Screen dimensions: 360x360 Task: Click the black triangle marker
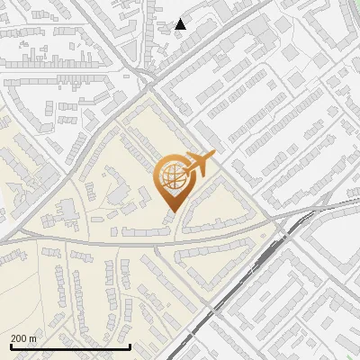(x=181, y=24)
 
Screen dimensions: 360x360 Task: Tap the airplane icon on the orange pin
(x=198, y=165)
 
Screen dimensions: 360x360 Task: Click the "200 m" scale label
(x=23, y=338)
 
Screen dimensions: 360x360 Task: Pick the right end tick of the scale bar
(x=130, y=345)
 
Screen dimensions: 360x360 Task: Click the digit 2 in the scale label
(x=13, y=338)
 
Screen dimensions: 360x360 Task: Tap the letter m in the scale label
(x=33, y=339)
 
